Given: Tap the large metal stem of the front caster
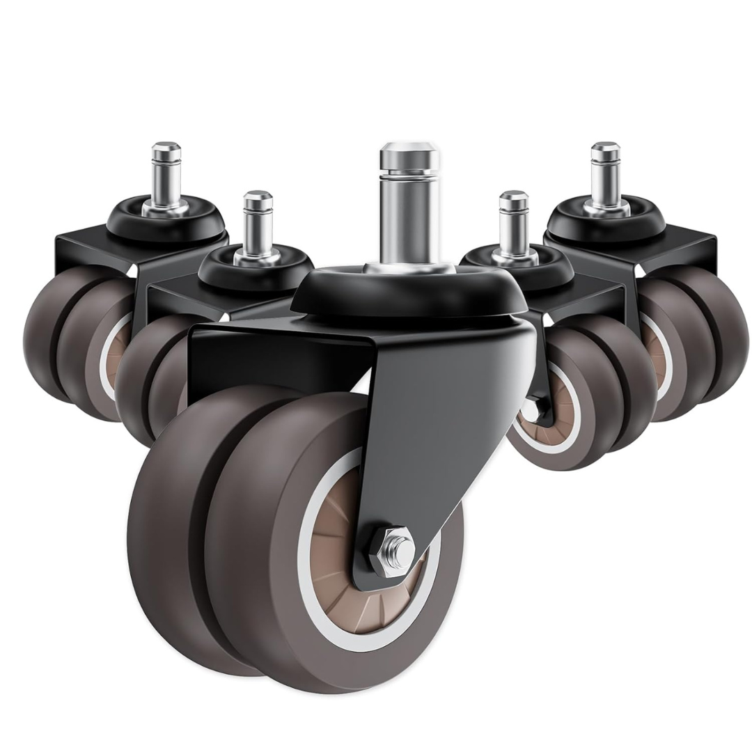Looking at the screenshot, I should tap(409, 209).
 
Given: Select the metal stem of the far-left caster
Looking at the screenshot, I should tap(166, 174).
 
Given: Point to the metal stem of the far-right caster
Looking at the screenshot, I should tap(605, 174).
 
